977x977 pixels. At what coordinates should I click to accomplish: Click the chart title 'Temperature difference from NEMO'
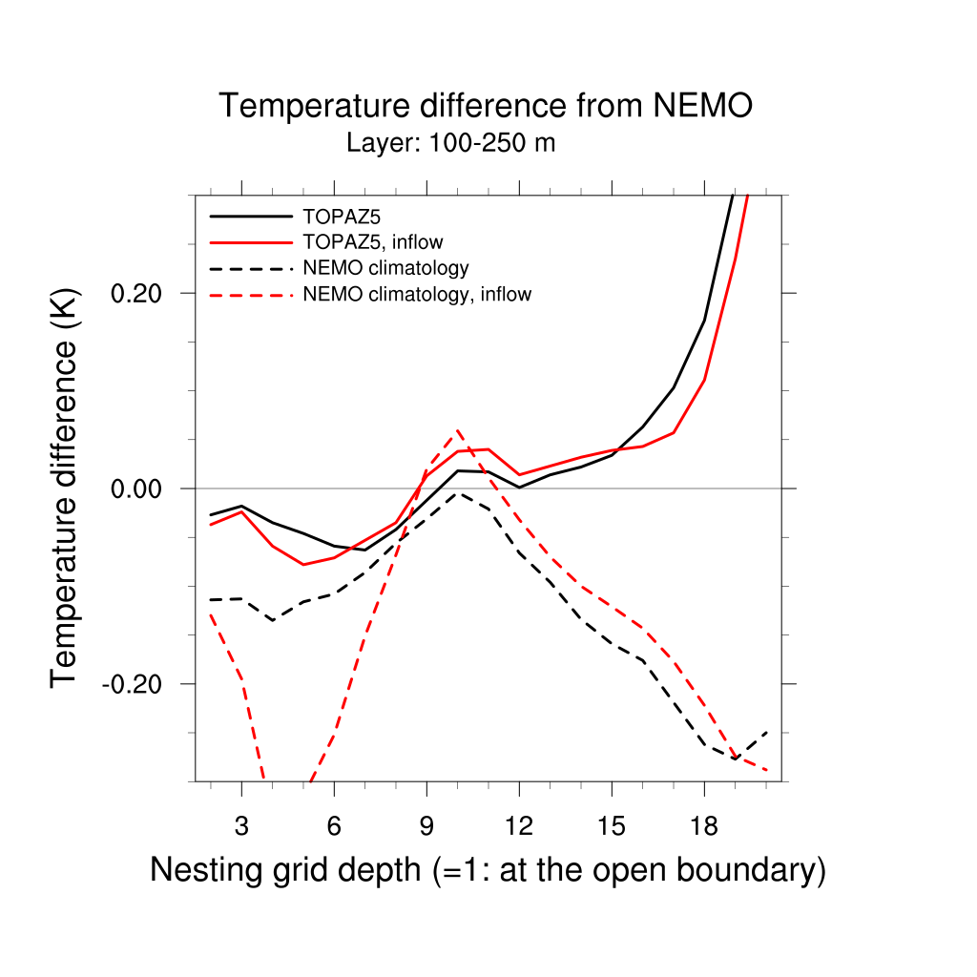(x=486, y=106)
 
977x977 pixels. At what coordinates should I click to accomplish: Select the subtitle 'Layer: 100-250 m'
(x=450, y=144)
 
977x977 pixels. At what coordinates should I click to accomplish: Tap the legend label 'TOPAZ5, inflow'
(x=372, y=241)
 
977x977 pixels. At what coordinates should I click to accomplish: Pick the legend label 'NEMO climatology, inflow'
(x=416, y=295)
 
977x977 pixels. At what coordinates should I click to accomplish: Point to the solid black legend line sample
(x=250, y=216)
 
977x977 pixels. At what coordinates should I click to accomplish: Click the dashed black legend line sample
(x=250, y=268)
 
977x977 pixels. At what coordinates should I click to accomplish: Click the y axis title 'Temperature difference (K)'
(x=65, y=488)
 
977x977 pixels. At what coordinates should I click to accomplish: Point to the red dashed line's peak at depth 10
(x=458, y=430)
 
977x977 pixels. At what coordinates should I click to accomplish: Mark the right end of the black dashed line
(x=766, y=732)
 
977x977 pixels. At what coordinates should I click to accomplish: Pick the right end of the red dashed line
(x=766, y=769)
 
